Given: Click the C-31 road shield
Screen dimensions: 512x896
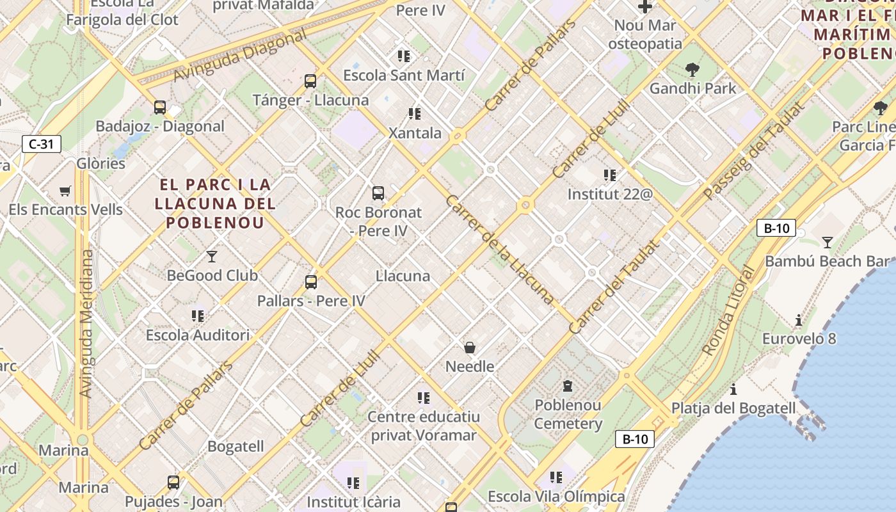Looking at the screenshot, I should pyautogui.click(x=42, y=144).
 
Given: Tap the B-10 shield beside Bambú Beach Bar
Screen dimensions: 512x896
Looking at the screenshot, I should pyautogui.click(x=776, y=228).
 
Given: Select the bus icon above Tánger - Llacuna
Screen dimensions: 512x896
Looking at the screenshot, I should pyautogui.click(x=310, y=81).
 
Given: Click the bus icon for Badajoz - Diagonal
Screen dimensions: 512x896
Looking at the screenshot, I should pyautogui.click(x=160, y=108).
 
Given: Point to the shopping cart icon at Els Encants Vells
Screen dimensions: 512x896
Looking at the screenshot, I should pyautogui.click(x=65, y=191).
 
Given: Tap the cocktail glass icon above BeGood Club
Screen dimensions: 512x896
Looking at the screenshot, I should pyautogui.click(x=212, y=257).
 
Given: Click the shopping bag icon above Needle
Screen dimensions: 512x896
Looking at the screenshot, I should pyautogui.click(x=470, y=348).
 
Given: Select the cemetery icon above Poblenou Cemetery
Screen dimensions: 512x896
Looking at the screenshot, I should pyautogui.click(x=568, y=386).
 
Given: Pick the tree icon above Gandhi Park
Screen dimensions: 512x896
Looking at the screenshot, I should pyautogui.click(x=692, y=70).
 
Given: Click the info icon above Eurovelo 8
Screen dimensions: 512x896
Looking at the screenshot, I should pyautogui.click(x=798, y=320).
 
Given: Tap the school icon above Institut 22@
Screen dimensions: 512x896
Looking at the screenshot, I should pyautogui.click(x=609, y=175).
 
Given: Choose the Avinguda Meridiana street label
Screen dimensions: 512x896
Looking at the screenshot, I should pyautogui.click(x=86, y=323).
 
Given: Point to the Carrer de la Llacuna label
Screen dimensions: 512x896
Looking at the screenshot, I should pyautogui.click(x=499, y=249).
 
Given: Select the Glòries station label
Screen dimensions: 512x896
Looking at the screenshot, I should pyautogui.click(x=101, y=163).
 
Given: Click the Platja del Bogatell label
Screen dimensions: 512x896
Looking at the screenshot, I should pyautogui.click(x=733, y=408).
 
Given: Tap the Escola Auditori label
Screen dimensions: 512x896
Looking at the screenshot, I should pyautogui.click(x=198, y=335).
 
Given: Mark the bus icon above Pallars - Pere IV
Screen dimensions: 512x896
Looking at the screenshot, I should pyautogui.click(x=311, y=282).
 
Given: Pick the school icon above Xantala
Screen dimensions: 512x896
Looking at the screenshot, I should pyautogui.click(x=415, y=114).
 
